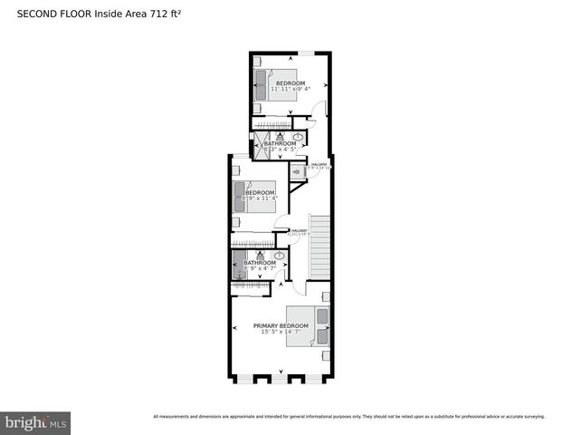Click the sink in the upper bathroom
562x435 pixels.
pos(299,138)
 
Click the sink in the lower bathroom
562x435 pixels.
pos(280,256)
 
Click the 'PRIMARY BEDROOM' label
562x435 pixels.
pos(281,325)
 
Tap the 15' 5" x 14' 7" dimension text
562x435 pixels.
pos(281,332)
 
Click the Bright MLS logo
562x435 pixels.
pos(36,422)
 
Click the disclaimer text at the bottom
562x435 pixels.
pos(348,417)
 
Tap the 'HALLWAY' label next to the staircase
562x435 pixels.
pos(300,230)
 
